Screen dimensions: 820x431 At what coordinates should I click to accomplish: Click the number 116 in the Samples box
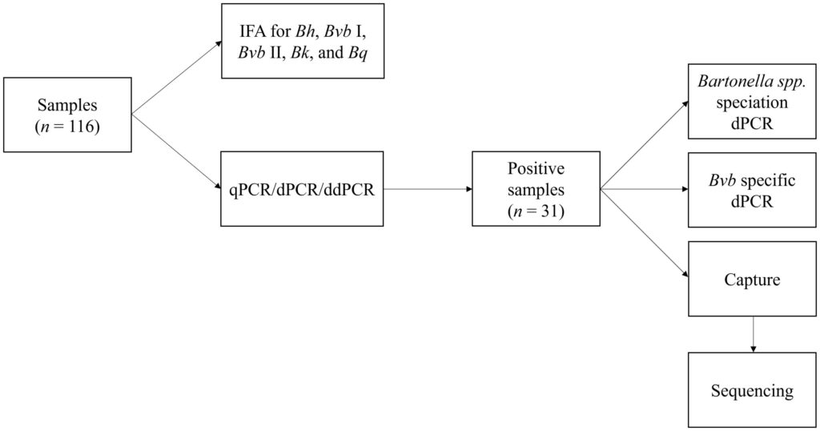point(82,127)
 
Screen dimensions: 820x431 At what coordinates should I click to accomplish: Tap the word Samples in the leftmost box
point(67,105)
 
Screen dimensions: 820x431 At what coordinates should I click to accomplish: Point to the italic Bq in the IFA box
point(358,53)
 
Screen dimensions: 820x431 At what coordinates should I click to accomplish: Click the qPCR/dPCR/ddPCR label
point(302,189)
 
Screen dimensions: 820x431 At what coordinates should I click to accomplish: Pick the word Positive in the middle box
point(536,168)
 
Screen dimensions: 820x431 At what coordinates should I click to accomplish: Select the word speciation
point(752,103)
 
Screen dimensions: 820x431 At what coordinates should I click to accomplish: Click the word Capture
point(752,280)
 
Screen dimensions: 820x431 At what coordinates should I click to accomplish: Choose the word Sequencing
point(752,391)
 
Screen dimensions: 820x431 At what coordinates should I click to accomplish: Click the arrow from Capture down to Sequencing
point(753,334)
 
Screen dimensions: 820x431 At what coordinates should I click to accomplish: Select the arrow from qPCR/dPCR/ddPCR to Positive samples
point(428,189)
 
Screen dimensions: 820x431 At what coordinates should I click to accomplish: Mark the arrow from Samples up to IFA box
point(177,78)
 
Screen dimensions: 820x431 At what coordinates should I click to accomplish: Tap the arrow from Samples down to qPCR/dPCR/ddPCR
point(176,151)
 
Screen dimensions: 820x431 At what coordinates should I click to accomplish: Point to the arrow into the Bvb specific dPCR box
point(645,189)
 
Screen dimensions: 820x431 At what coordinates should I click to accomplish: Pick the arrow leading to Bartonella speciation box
point(645,145)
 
